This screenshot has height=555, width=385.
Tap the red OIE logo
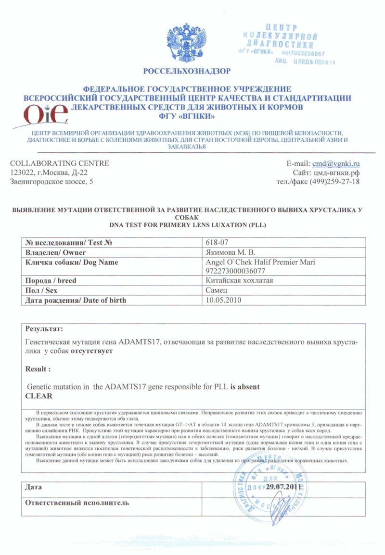point(45,114)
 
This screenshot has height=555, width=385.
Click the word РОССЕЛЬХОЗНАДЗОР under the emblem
point(187,72)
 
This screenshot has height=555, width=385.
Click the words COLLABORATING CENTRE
point(60,163)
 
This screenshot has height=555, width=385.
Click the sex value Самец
point(217,290)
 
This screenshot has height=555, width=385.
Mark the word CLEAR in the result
point(38,396)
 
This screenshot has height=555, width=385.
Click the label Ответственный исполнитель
point(77,503)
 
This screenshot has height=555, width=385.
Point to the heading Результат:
point(44,330)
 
